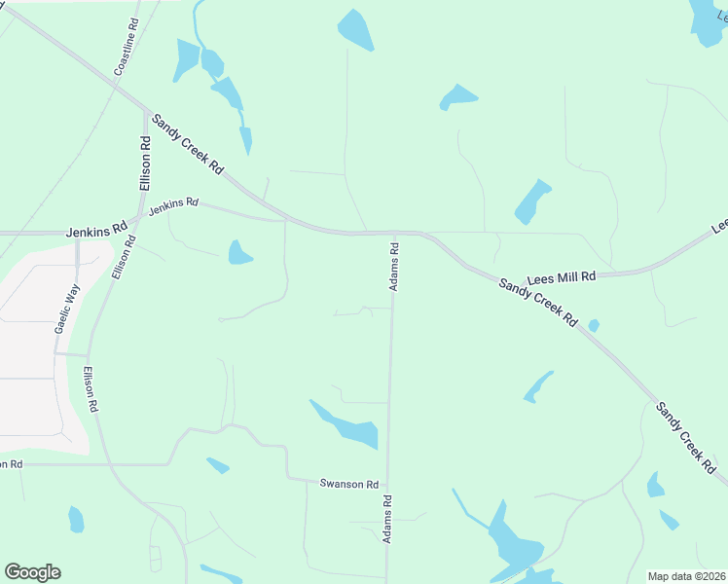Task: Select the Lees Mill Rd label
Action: click(x=561, y=277)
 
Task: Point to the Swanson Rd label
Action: click(x=348, y=484)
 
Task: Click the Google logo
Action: click(x=32, y=572)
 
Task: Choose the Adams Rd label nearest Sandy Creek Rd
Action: click(x=394, y=267)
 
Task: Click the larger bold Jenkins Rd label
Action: click(x=97, y=232)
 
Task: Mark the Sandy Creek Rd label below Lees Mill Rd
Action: click(x=538, y=303)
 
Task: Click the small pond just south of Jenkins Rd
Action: click(x=238, y=253)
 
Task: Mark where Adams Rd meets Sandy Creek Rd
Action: click(x=395, y=233)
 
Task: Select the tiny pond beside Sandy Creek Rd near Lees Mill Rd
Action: click(x=594, y=325)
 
